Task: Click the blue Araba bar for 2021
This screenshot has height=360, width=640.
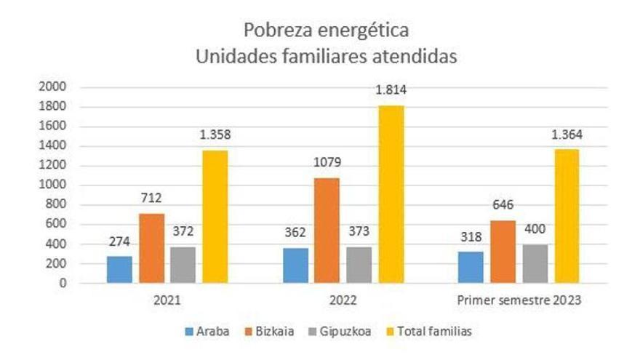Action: [119, 269]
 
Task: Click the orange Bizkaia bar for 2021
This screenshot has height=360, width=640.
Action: [151, 248]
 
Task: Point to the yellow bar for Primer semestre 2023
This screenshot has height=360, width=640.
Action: [566, 216]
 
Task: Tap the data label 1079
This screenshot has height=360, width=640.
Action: [327, 162]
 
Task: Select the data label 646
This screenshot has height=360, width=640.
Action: [502, 205]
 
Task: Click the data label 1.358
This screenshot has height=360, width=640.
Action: [215, 135]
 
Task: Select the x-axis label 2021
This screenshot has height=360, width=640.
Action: [167, 300]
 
